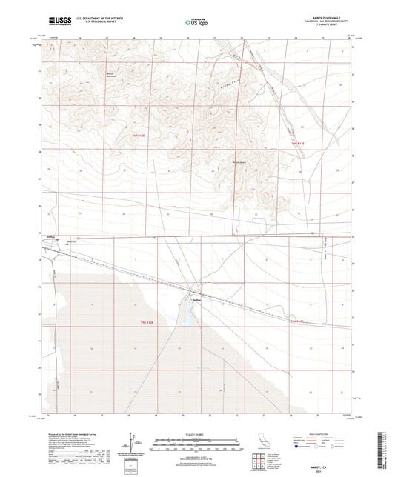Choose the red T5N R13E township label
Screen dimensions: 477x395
(x=296, y=321)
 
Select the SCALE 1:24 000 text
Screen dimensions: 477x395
(x=197, y=433)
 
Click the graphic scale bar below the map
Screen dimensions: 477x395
(x=197, y=440)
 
